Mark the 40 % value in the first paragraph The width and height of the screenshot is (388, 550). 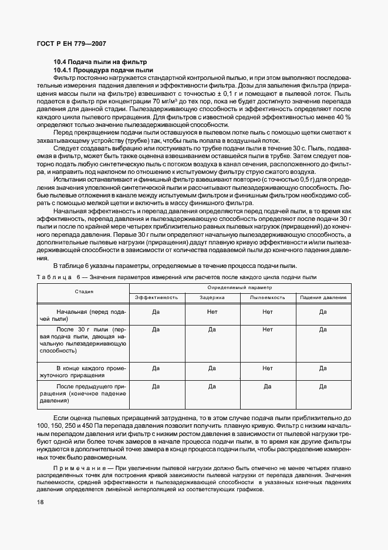click(343, 117)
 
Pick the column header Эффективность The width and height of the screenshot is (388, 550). click(157, 297)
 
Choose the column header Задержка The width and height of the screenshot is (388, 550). click(212, 297)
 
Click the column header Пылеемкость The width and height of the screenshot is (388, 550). click(268, 297)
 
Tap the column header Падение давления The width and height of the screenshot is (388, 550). click(323, 297)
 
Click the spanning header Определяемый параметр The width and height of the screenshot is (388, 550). click(239, 288)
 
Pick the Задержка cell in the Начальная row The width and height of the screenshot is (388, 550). click(212, 311)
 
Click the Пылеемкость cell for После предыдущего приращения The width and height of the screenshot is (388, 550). click(268, 387)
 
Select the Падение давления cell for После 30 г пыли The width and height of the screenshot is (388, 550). click(323, 330)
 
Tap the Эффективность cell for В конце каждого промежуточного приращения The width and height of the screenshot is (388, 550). click(157, 368)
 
